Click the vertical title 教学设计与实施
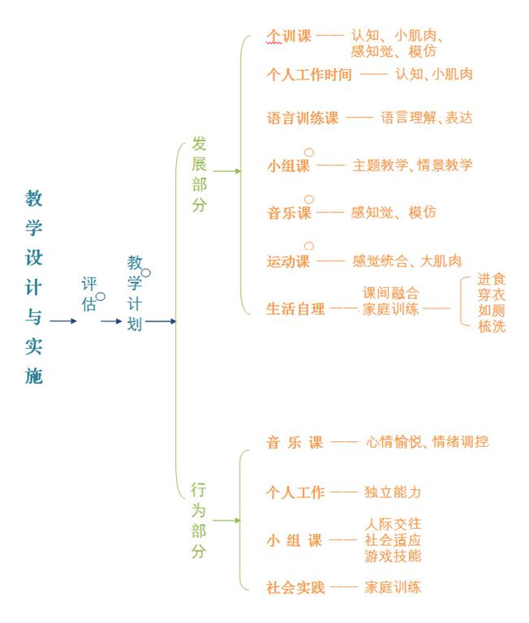[33, 287]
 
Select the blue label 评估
[89, 294]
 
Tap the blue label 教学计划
[135, 293]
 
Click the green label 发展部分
[199, 174]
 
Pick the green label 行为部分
[198, 521]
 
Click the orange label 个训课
[289, 37]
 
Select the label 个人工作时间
[309, 75]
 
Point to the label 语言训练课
[303, 118]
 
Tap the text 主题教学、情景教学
[412, 165]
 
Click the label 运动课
[288, 261]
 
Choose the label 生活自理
[295, 309]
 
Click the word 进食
[491, 279]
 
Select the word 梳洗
[491, 326]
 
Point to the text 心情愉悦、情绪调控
[428, 441]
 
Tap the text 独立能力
[393, 492]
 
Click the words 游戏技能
[393, 556]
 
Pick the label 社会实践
[295, 587]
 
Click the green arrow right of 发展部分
[227, 171]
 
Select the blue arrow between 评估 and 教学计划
[111, 321]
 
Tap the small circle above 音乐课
[309, 199]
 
